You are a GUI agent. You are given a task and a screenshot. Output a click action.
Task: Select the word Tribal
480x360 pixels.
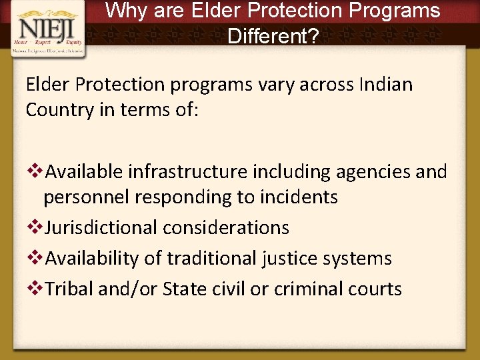(69, 289)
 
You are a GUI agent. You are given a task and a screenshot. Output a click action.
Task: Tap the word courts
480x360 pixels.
(379, 289)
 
